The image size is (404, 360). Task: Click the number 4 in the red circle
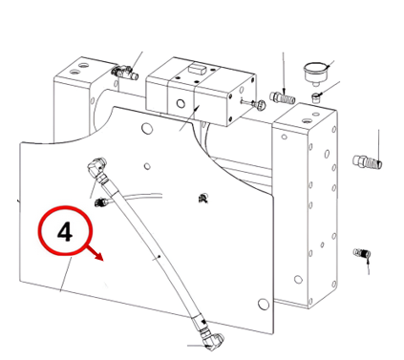coord(65,232)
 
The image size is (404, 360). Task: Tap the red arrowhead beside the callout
coord(99,256)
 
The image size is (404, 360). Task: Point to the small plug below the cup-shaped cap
coord(315,97)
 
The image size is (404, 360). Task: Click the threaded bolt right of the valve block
coord(283,97)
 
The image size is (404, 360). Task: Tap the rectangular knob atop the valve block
coord(198,68)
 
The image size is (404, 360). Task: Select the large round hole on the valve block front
coord(181,103)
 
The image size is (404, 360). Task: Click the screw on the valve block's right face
coord(254,103)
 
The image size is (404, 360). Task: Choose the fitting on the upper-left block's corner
coord(125,73)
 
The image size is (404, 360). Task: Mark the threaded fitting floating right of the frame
coord(368,162)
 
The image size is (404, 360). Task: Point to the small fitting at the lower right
coord(362,253)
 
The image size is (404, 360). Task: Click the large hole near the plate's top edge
coord(147,128)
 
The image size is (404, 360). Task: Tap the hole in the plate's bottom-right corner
coord(264,304)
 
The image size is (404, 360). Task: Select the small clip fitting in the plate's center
coord(202,198)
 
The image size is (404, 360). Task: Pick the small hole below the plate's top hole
coord(147,166)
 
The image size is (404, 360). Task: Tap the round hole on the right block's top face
coord(307,120)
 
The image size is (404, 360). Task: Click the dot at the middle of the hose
coord(159,256)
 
